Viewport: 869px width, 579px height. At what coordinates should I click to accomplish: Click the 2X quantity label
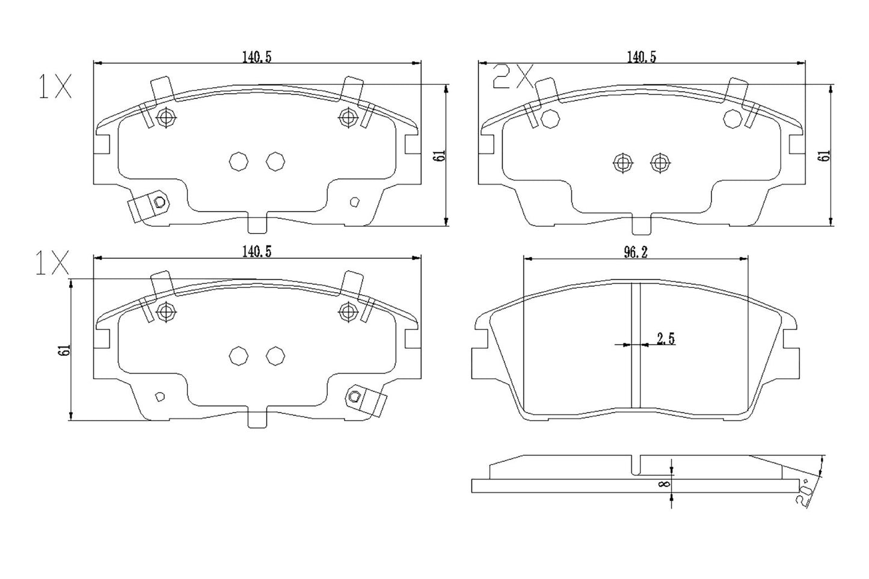tap(512, 77)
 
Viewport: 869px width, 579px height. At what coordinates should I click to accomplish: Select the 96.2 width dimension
tap(635, 253)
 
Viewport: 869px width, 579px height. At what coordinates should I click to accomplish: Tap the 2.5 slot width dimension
tap(665, 339)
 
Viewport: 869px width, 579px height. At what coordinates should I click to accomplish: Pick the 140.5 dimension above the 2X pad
tap(641, 57)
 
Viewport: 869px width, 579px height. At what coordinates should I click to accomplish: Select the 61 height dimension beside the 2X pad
tap(826, 155)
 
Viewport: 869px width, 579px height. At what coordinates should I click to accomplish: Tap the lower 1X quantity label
tap(52, 264)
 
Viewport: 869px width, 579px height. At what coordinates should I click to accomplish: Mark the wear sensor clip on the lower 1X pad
tap(365, 400)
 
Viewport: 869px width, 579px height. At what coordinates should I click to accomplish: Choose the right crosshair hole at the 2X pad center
tap(660, 162)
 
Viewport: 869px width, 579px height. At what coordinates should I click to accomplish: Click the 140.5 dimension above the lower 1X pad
tap(257, 252)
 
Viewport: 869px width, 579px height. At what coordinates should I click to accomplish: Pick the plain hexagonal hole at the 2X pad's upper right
tap(732, 119)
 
